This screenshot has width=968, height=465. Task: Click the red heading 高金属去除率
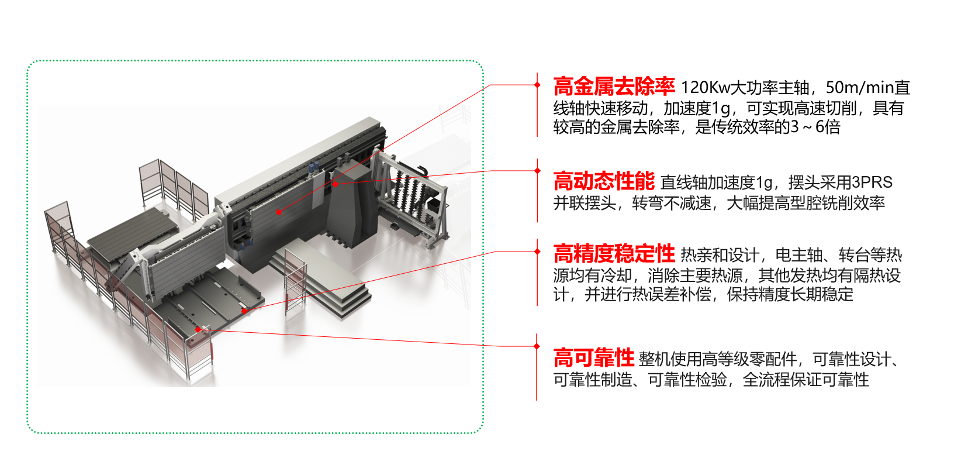point(614,87)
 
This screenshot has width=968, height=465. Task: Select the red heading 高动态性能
point(603,181)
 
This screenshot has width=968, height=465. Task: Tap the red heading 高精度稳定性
point(614,254)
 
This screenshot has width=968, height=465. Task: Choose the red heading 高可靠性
point(593,357)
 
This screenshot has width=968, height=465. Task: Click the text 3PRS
point(872,182)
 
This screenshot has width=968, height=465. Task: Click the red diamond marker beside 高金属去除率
point(537,85)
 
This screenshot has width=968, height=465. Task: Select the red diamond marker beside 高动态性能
point(537,171)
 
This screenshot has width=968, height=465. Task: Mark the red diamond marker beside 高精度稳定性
point(537,252)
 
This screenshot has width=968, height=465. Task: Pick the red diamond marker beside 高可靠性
point(537,346)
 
